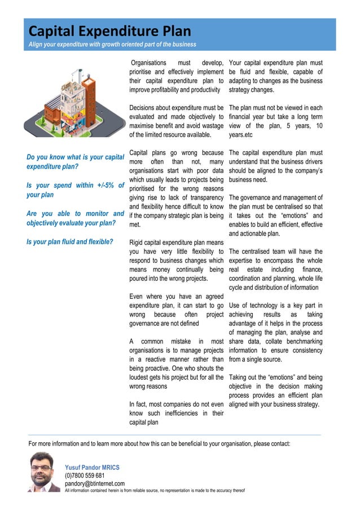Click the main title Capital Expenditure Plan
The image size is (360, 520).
pos(110,30)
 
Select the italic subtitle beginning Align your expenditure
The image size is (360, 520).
pos(112,45)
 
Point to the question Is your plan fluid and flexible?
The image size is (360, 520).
pos(70,243)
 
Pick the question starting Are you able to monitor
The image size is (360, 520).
pos(75,218)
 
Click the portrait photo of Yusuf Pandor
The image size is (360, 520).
pos(44,472)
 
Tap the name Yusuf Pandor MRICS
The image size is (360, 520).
pos(92,468)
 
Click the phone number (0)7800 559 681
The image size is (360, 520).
pos(85,475)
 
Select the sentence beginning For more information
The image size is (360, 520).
pos(159,443)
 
